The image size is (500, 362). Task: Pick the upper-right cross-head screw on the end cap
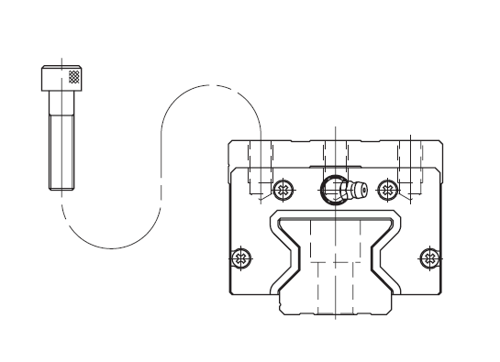(x=387, y=191)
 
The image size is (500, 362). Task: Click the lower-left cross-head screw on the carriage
(x=241, y=257)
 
